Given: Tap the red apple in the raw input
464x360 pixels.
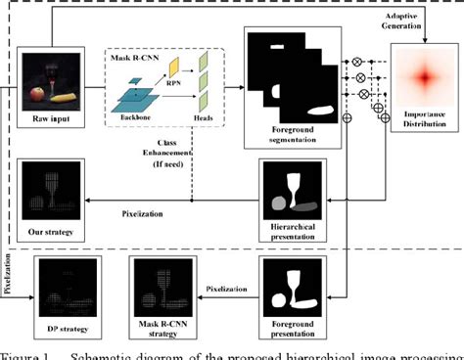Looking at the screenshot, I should [38, 95].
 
